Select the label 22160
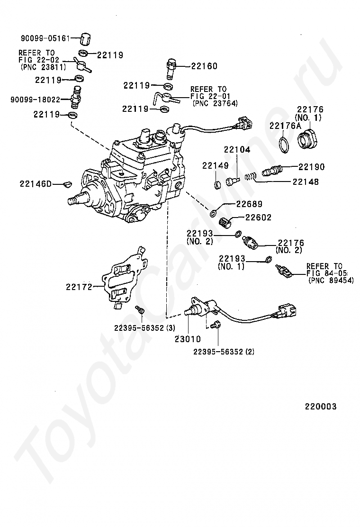(204, 66)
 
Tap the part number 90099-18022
(35, 100)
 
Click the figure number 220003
(320, 407)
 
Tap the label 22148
(306, 182)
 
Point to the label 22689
(249, 205)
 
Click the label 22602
(258, 218)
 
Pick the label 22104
(236, 150)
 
